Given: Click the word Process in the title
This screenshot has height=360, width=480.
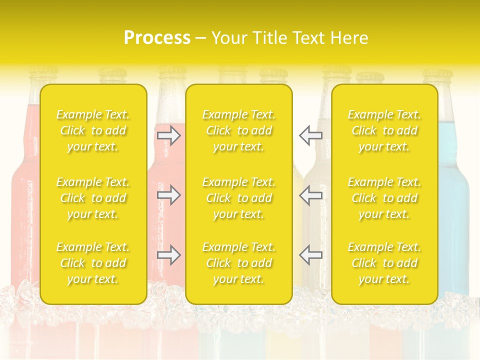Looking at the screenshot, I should coord(157,38).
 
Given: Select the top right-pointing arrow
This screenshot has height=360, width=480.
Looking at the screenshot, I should coord(169,135).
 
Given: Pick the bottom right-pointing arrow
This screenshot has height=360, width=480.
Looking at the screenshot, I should coord(169,255).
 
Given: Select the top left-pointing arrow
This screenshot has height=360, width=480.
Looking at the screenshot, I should coord(310,135).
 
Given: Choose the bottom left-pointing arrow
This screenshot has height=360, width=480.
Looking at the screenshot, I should coord(310,255).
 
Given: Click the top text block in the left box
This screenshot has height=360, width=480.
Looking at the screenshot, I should coord(93,130).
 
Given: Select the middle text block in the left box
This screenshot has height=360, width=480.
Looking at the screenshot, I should coord(93,198).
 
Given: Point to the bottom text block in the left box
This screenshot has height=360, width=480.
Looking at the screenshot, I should coord(93,263).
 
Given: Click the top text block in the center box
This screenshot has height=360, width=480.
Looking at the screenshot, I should coord(239,130).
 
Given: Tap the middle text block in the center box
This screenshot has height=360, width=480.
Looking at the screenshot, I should coord(239,198).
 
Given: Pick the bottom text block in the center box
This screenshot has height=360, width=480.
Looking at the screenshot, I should coord(239,263).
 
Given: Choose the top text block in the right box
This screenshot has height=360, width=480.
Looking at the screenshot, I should coord(384,130).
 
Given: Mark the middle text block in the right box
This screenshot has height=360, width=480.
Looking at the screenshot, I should coord(384,198).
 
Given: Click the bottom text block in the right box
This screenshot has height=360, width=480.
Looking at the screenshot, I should coord(384,263).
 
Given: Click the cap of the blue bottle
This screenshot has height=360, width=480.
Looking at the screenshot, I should coord(437,75).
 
